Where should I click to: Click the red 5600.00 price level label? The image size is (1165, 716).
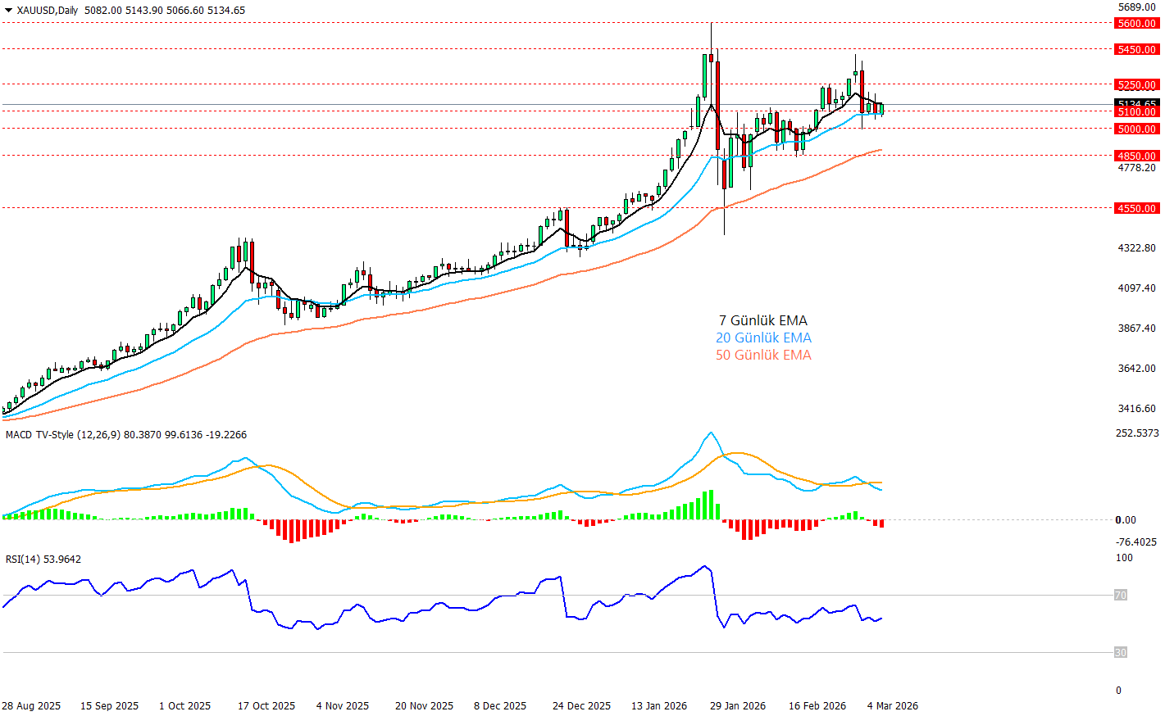tap(1137, 24)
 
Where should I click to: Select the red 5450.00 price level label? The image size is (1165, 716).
tap(1137, 50)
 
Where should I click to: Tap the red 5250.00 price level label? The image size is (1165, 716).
tap(1137, 85)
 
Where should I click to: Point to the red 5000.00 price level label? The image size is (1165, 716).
tap(1137, 129)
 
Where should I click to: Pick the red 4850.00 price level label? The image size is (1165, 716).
tap(1137, 156)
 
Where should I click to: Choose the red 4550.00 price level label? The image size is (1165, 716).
tap(1137, 209)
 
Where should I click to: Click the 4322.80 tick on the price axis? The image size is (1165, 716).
tap(1136, 248)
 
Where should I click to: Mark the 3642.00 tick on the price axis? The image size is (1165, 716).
tap(1136, 369)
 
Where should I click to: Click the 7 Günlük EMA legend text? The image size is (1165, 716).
tap(763, 321)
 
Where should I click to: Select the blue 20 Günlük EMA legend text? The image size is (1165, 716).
tap(763, 338)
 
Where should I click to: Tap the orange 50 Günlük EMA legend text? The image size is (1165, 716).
tap(763, 356)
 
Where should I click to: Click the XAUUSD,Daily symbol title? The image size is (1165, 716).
tap(47, 11)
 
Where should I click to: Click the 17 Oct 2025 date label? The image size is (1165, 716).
tap(266, 706)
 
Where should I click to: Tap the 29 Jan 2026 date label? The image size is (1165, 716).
tap(738, 706)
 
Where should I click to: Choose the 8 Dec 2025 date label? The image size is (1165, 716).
tap(500, 706)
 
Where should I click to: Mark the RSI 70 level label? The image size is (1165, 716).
tap(1121, 596)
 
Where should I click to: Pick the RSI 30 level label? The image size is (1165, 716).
tap(1121, 653)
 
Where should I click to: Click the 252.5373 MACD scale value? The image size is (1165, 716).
tap(1137, 433)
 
